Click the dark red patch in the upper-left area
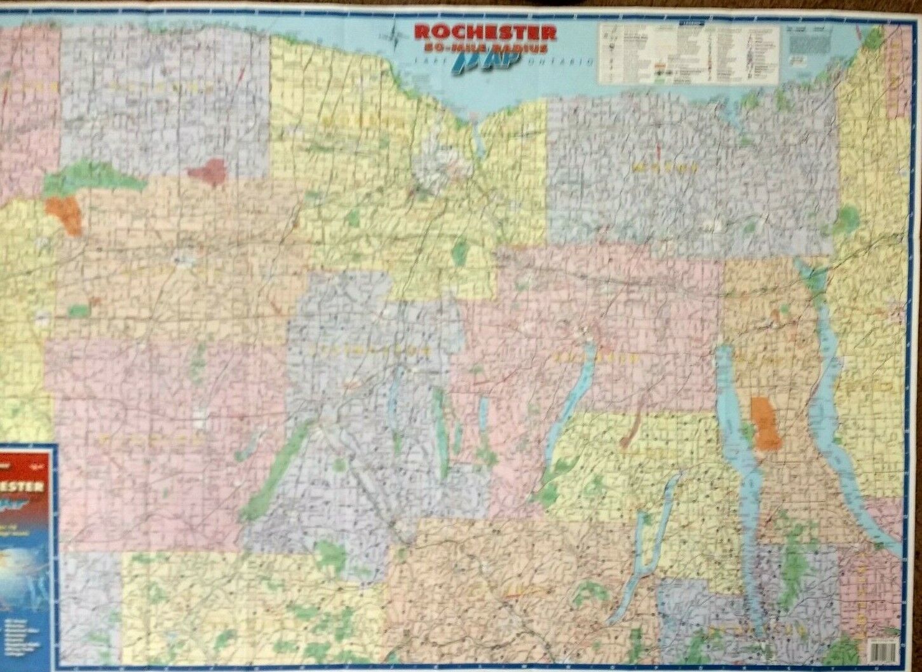point(208,172)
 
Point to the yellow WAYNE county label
point(665,168)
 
